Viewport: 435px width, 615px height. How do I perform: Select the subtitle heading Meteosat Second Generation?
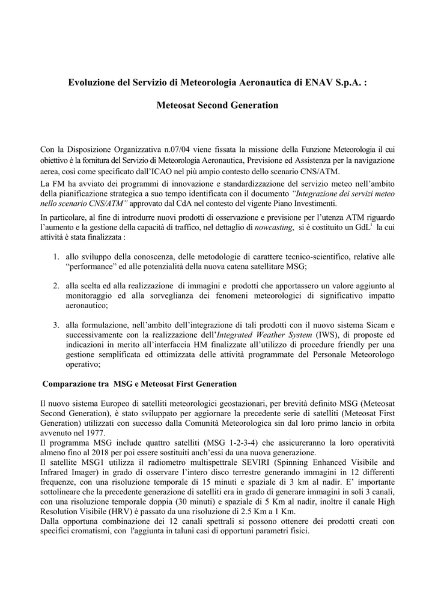click(218, 106)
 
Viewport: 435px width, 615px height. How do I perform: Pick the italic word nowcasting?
click(273, 228)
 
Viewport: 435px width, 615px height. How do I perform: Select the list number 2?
click(55, 285)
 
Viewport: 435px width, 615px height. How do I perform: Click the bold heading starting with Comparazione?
click(139, 383)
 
